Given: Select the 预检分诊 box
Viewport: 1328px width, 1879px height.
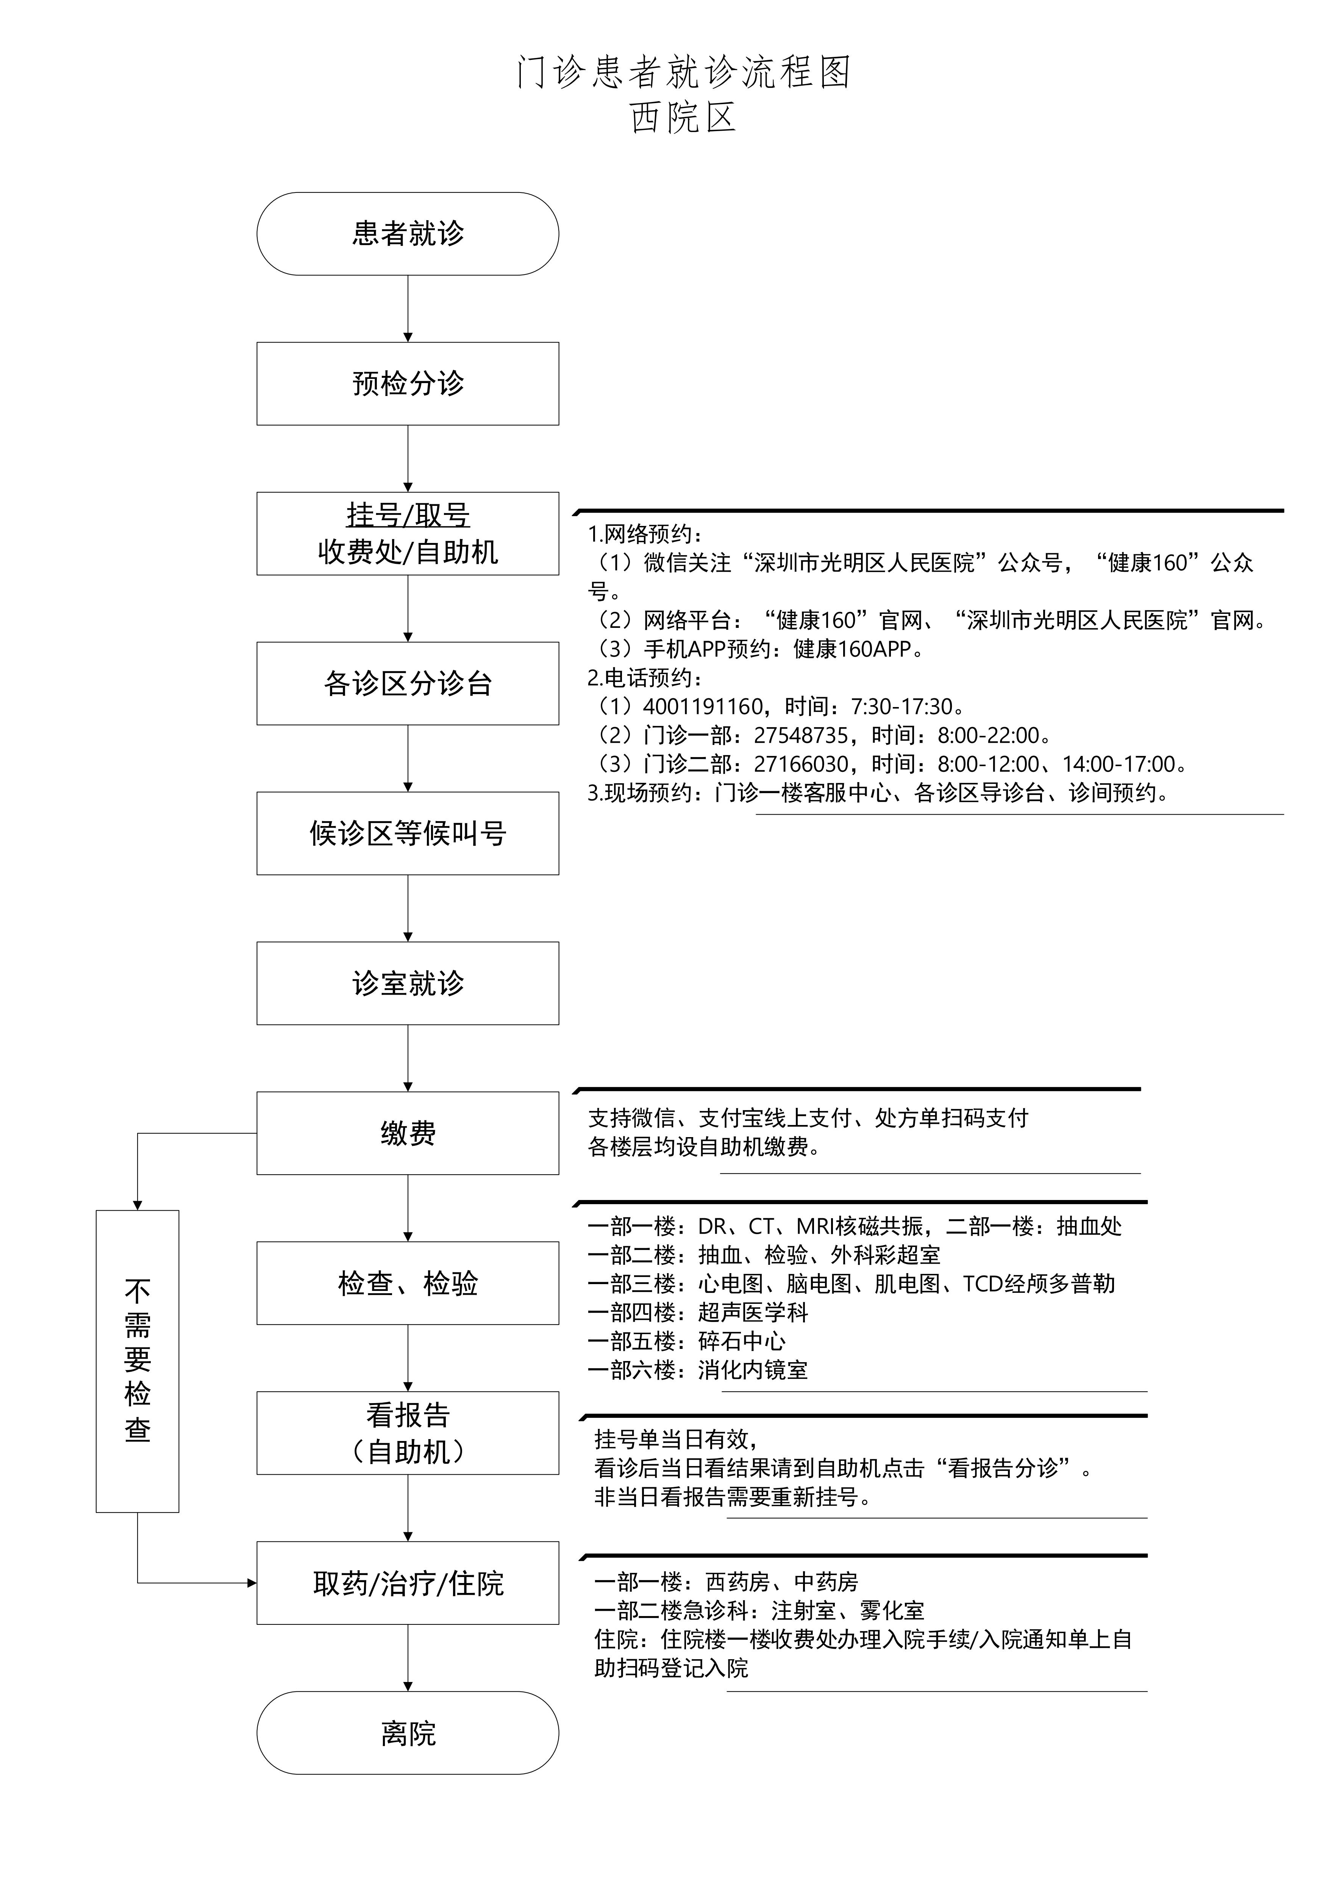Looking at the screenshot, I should [x=408, y=384].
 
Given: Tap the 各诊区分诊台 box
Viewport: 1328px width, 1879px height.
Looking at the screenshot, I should [x=408, y=683].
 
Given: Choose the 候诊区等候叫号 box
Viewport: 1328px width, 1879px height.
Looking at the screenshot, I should [x=408, y=833].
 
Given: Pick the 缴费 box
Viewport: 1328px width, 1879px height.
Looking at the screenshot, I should [x=408, y=1133].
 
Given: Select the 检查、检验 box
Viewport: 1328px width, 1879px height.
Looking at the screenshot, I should [x=408, y=1283].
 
